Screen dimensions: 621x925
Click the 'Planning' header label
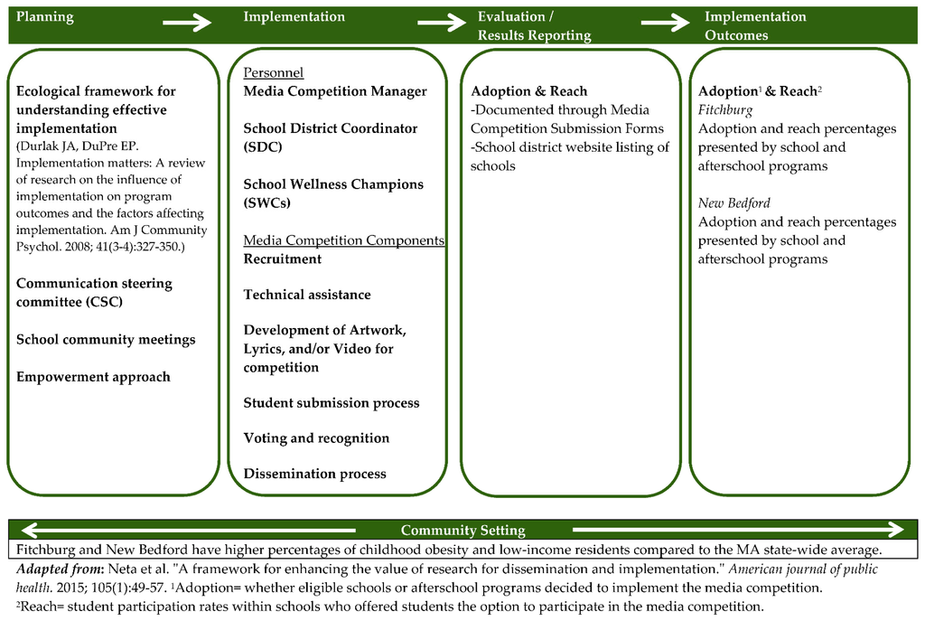click(x=45, y=17)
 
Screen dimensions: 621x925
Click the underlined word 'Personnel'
click(x=273, y=72)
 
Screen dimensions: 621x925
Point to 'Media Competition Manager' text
click(x=335, y=91)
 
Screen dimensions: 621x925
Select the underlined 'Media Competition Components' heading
click(x=343, y=240)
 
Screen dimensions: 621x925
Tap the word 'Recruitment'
click(x=282, y=259)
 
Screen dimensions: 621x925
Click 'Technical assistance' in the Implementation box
click(x=306, y=295)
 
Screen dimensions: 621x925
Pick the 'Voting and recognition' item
click(x=316, y=438)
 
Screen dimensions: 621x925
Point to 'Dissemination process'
click(x=314, y=474)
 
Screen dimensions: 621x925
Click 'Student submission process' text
click(x=331, y=403)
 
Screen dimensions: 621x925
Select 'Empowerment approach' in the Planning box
click(x=93, y=377)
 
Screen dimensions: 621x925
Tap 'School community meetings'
click(x=106, y=340)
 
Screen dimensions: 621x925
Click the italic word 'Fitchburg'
click(x=725, y=109)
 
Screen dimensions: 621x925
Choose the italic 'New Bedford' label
click(x=733, y=203)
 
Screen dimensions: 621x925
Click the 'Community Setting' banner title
click(x=462, y=531)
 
